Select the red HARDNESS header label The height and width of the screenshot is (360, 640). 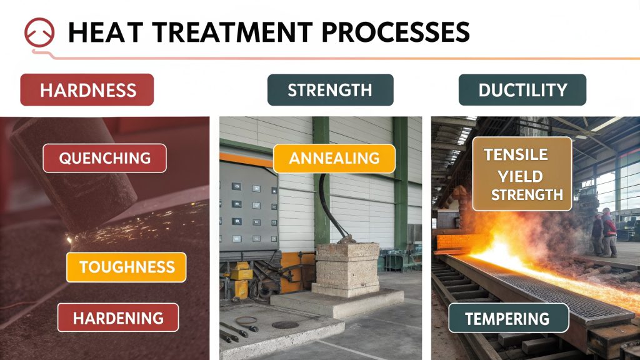coord(87,90)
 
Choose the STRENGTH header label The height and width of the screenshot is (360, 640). coord(330,90)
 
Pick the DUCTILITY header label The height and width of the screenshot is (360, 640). coord(522,90)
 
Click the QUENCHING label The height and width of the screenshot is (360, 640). coord(104,158)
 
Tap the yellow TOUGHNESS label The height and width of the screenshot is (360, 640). coord(126,267)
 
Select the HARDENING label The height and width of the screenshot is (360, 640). coord(117,317)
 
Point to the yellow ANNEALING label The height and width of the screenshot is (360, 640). coord(334,158)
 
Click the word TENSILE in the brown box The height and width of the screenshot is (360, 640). coord(515,154)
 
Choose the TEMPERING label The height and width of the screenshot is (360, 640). coord(507,318)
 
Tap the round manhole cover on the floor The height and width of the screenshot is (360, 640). coord(285,325)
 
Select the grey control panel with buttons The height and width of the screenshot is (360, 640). coord(249,206)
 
